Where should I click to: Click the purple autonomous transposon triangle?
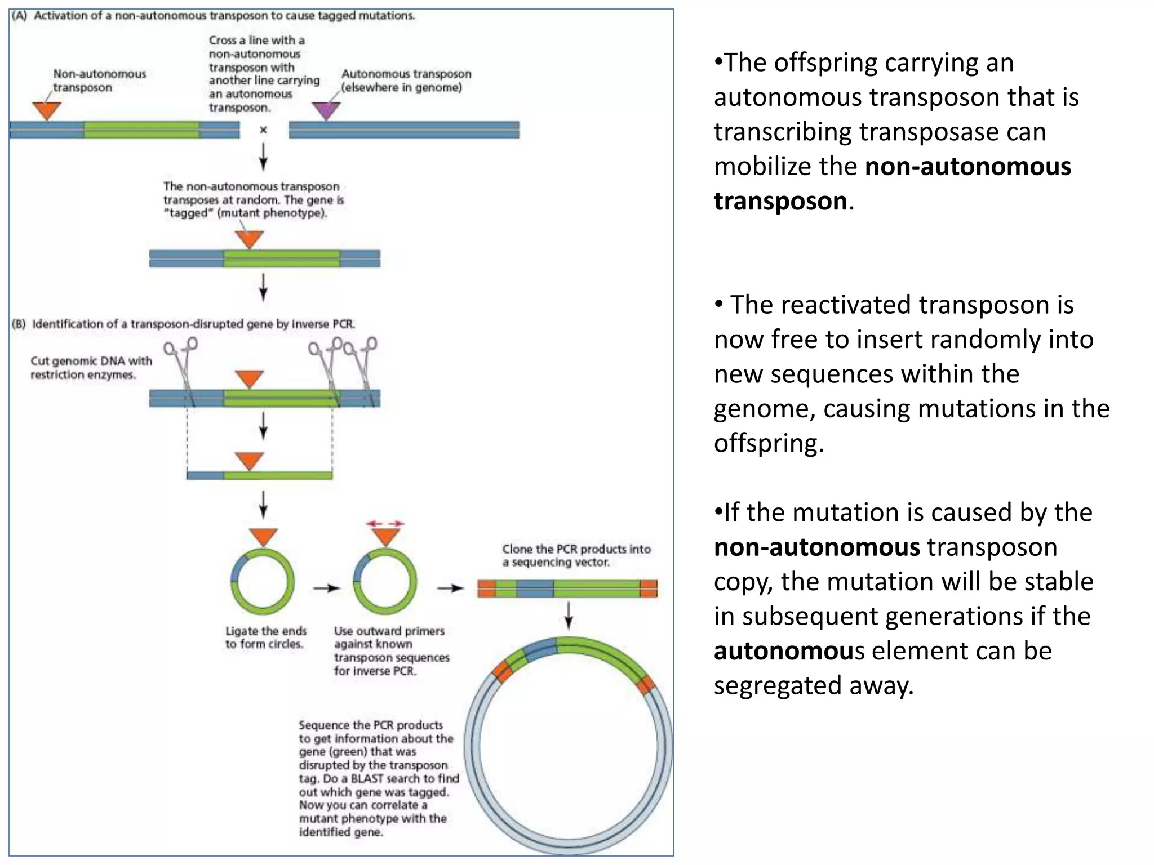point(326,110)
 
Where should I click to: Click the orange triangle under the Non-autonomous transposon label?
point(47,110)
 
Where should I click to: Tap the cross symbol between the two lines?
point(263,130)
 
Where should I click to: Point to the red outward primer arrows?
point(385,524)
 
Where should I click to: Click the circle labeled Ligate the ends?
point(263,582)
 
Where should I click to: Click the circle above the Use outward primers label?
point(385,582)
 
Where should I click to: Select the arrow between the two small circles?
point(327,588)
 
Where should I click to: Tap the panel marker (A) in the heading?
point(19,16)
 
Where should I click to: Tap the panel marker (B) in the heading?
point(19,324)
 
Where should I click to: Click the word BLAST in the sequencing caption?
point(368,778)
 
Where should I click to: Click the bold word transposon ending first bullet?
point(780,201)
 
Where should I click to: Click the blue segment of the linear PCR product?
point(535,588)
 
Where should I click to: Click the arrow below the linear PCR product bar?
point(569,615)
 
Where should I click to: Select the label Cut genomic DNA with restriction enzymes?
point(91,368)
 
